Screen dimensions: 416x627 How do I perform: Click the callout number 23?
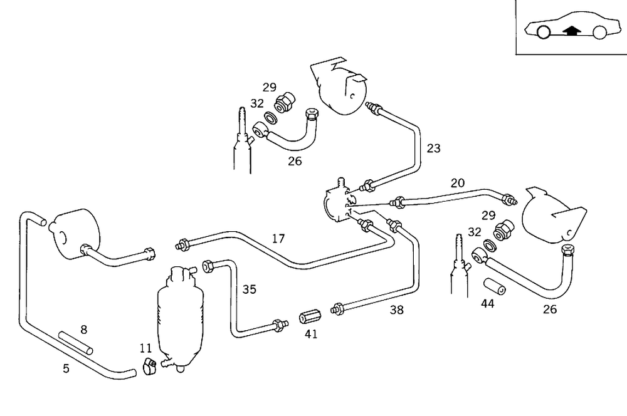point(434,148)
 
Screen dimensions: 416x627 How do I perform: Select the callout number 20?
point(458,183)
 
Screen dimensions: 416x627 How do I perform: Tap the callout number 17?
point(278,238)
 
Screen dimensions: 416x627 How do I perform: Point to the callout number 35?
point(250,289)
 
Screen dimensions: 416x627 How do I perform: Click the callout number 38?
point(396,309)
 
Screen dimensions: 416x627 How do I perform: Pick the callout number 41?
point(311,334)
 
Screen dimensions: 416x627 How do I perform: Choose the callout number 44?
point(488,303)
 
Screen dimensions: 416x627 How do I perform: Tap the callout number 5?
point(66,368)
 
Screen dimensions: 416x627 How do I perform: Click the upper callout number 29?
point(270,86)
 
